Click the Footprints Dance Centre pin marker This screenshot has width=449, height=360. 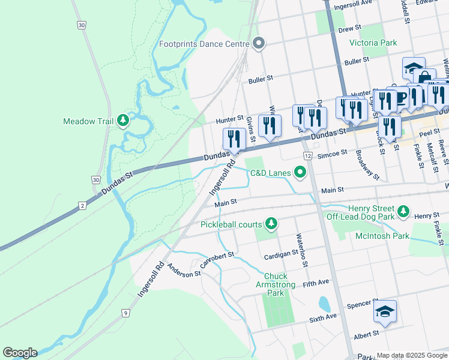[x=259, y=44]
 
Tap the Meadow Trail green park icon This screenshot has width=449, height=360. [x=123, y=121]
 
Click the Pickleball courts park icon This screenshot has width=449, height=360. [x=271, y=224]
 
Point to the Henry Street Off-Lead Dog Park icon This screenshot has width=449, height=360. [x=405, y=211]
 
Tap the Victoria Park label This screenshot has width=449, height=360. [x=373, y=43]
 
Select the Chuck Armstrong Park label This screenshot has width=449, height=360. [x=275, y=285]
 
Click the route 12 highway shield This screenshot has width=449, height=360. [x=307, y=156]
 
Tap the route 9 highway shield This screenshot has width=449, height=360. [x=125, y=313]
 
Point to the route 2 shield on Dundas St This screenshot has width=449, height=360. [x=82, y=205]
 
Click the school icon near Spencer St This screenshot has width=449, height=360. [x=385, y=311]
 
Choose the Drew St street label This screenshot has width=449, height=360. [x=349, y=28]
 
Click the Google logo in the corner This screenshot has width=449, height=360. [x=20, y=353]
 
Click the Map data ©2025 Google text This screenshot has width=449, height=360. [x=411, y=355]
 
